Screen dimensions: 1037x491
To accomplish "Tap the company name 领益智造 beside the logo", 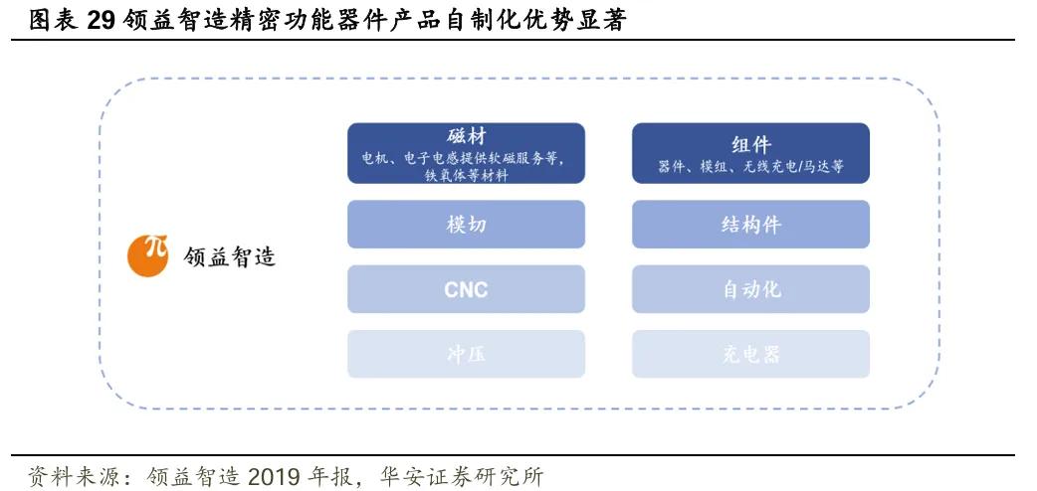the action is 230,256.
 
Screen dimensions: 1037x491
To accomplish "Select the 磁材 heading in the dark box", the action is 466,137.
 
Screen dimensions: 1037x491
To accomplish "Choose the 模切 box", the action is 466,225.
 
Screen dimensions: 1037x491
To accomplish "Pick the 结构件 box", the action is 750,225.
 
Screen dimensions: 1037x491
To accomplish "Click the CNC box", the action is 466,290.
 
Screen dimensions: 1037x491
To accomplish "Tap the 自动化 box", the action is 750,290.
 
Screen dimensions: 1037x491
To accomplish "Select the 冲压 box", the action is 466,354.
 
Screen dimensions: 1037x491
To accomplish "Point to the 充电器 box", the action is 750,354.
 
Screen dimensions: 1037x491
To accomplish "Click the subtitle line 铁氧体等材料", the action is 466,176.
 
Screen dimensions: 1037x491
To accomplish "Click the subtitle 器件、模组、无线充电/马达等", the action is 750,167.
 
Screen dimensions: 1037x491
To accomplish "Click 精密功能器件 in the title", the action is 293,20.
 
